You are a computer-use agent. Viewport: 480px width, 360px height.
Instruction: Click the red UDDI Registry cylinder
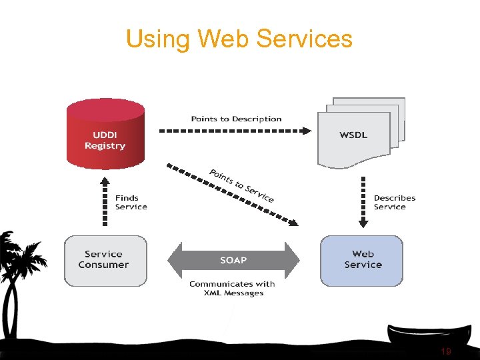tap(105, 133)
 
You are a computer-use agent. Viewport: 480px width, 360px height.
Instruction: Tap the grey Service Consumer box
tap(105, 260)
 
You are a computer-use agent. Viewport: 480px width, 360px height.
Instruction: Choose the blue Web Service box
tap(362, 260)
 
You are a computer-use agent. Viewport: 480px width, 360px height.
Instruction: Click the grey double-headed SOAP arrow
tap(233, 260)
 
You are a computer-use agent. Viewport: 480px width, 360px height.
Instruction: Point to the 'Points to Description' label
tap(236, 119)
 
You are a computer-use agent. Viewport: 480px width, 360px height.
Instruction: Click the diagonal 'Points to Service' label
tap(241, 185)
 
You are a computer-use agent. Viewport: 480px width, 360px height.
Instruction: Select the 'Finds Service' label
tap(131, 203)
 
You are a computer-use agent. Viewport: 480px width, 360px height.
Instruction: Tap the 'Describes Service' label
tap(395, 203)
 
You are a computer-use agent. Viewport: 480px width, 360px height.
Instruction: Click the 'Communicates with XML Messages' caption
tap(232, 289)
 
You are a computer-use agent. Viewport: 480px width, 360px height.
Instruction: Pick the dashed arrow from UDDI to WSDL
tap(233, 131)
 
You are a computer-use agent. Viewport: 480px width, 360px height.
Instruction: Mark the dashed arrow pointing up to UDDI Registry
tap(105, 201)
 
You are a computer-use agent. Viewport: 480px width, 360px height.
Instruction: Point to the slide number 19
tap(446, 351)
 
